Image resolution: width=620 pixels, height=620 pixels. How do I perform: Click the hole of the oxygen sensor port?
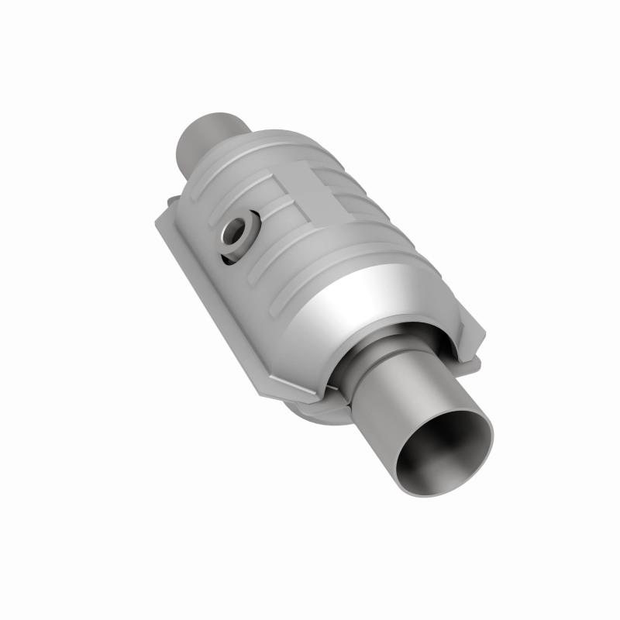(x=235, y=229)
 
